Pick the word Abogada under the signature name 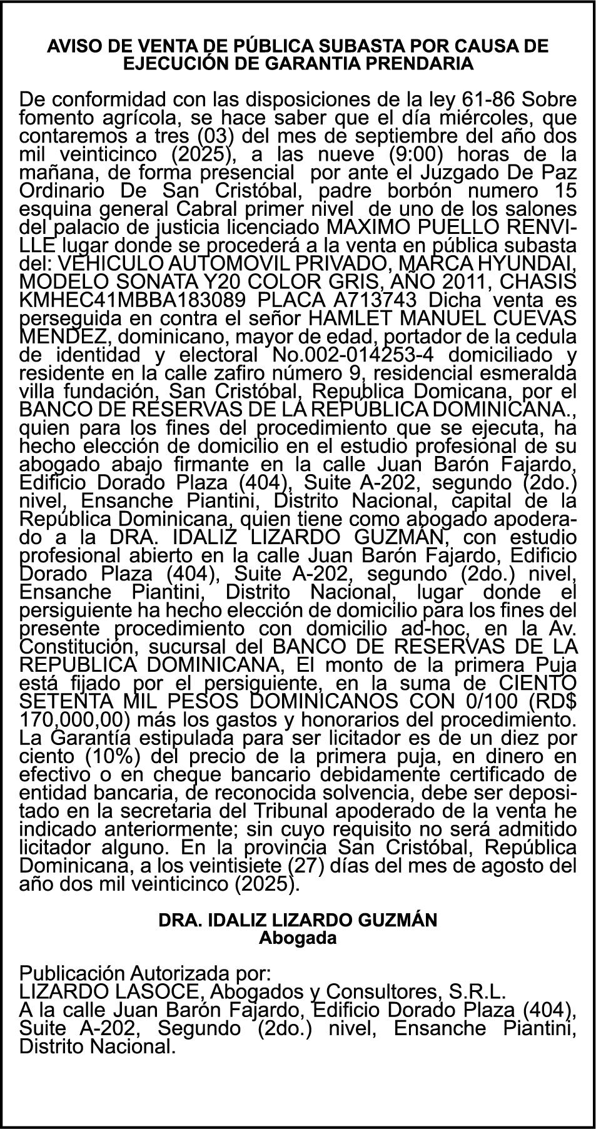click(298, 938)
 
